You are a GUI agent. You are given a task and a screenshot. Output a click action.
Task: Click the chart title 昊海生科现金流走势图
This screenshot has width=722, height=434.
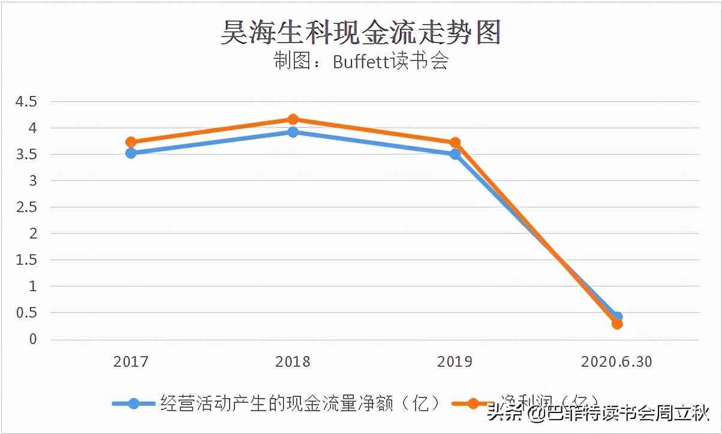(360, 33)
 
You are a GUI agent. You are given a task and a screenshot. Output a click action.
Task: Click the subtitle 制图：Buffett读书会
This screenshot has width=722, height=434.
(361, 62)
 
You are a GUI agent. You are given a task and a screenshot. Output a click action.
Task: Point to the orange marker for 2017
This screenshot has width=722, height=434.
(131, 142)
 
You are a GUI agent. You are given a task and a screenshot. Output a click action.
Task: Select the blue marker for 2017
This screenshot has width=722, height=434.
(131, 153)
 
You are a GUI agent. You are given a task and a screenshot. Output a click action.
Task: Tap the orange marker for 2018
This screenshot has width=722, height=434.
(293, 119)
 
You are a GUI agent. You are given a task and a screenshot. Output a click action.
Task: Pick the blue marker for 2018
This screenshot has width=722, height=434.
(293, 132)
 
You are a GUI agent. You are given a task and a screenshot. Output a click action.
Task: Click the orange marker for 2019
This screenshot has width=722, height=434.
(455, 143)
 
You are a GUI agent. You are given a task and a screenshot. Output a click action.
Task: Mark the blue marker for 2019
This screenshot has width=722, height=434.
(455, 154)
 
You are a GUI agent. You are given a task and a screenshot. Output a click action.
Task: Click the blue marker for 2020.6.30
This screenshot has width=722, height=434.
(616, 317)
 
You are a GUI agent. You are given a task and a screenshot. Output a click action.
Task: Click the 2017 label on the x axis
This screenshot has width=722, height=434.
(131, 362)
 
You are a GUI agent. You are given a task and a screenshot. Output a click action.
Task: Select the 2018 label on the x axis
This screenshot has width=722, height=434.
(293, 362)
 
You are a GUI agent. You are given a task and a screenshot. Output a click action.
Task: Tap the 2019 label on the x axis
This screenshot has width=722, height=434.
(455, 362)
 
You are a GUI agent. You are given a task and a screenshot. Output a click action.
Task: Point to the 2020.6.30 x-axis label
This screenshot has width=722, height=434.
(616, 362)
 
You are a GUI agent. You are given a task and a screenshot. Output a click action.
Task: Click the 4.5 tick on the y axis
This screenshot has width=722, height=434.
(26, 102)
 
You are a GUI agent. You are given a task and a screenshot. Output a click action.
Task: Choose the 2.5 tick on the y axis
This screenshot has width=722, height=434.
(26, 207)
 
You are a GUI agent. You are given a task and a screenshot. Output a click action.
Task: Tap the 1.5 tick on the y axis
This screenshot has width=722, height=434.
(26, 260)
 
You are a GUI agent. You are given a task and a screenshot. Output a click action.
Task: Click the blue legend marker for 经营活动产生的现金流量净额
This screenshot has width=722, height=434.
(134, 403)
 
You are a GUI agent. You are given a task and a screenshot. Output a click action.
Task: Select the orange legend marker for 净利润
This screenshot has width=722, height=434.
(474, 403)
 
